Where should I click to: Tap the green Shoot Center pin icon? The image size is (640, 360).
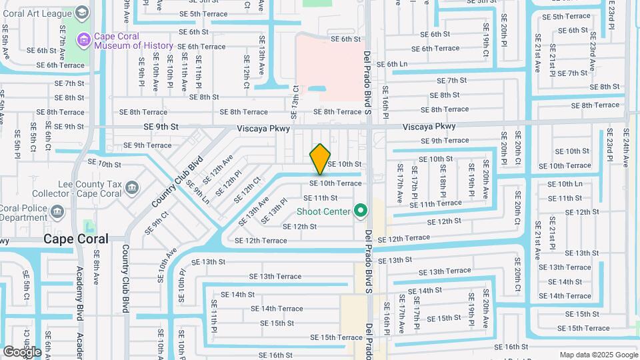pos(361,212)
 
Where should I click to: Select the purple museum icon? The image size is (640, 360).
pos(83,41)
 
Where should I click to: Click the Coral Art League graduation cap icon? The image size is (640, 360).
pos(81,12)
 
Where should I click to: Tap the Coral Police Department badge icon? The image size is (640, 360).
pos(57,213)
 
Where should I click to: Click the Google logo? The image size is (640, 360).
pos(22,351)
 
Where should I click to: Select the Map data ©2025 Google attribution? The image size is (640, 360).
pos(598,355)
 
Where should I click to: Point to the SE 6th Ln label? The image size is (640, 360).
pos(392,65)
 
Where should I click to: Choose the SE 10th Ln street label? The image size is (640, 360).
pos(565,183)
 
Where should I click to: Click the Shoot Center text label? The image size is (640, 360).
pos(323,212)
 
